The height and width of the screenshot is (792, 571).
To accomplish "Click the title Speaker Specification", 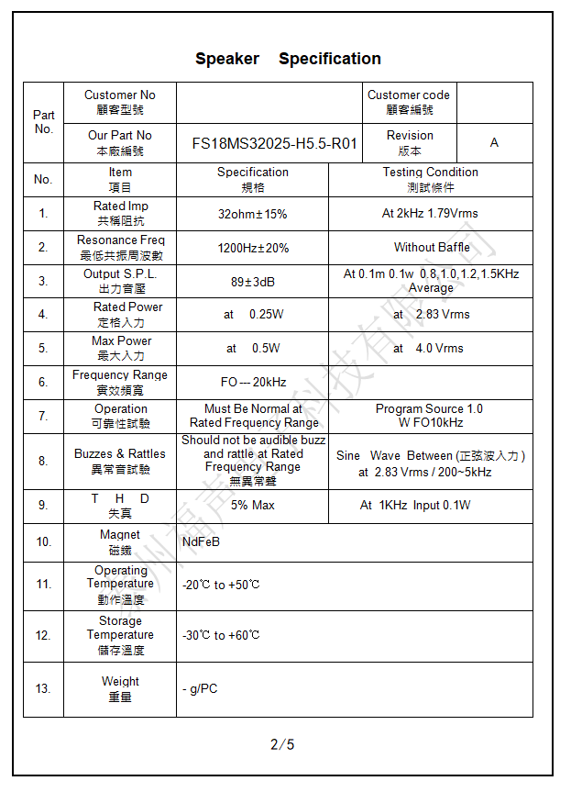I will tap(288, 59).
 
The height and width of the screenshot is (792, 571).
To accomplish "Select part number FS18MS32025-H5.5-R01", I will tap(274, 143).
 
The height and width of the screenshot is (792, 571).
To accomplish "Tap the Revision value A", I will tap(494, 143).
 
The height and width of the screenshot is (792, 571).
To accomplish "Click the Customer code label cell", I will tap(409, 102).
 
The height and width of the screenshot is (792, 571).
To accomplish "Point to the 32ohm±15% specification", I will tap(252, 214).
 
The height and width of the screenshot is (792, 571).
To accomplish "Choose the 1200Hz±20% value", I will tap(252, 248).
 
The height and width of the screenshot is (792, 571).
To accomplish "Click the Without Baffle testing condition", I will tap(432, 248).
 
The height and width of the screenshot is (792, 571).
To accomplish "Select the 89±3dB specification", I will tap(252, 282).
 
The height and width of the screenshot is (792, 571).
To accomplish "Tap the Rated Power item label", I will tap(120, 315).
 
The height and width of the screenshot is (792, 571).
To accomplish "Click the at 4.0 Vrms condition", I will tap(429, 349).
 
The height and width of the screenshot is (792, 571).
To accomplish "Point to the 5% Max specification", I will tap(252, 506).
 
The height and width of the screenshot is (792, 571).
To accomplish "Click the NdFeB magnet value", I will tap(201, 541).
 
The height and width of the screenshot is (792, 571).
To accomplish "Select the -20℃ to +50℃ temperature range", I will tap(221, 585).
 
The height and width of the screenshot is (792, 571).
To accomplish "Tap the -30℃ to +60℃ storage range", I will tap(221, 635).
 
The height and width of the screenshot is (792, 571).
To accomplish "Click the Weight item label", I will tap(120, 689).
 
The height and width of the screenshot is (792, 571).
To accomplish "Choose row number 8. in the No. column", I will tap(43, 462).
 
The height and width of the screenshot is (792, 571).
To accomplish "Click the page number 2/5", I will tap(282, 744).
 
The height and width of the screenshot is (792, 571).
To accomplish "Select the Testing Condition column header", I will tap(431, 179).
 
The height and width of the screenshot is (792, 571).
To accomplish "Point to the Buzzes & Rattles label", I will tap(120, 461).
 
